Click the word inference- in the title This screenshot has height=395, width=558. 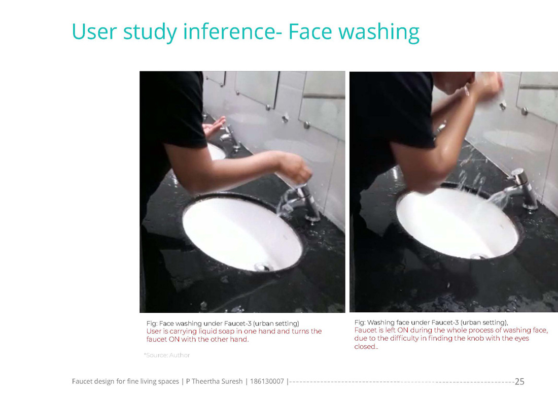233,31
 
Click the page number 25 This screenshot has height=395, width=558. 519,381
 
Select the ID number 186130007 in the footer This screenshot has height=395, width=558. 267,381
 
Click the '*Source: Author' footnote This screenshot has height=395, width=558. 167,355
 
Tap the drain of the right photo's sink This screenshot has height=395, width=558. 479,256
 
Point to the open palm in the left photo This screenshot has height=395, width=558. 214,127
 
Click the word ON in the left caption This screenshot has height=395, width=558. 175,340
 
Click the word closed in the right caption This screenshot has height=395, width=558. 365,347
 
